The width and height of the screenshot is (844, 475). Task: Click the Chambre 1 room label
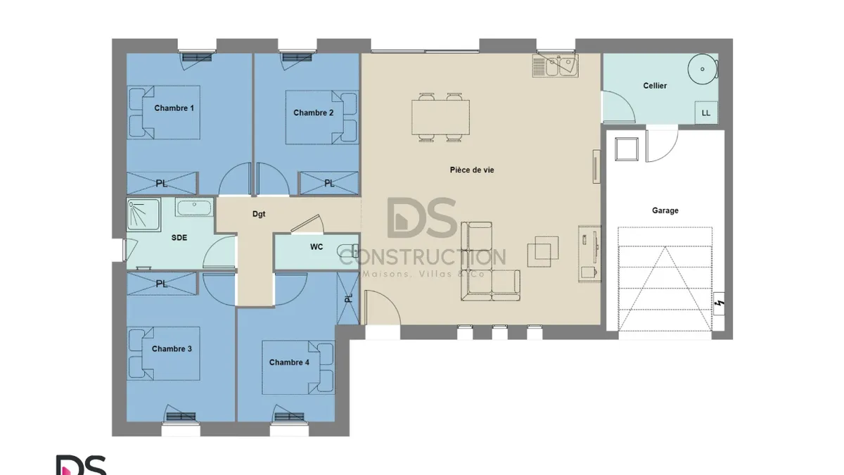click(x=174, y=108)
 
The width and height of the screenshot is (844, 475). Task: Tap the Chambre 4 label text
click(x=289, y=362)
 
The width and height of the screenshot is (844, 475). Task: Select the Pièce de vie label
click(x=472, y=170)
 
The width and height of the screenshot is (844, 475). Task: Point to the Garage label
click(x=665, y=210)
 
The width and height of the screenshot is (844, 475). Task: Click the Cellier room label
click(x=655, y=86)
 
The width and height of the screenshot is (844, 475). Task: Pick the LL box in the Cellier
click(x=706, y=113)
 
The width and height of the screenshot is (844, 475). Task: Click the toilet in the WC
click(x=348, y=251)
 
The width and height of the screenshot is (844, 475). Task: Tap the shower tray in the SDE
click(x=143, y=215)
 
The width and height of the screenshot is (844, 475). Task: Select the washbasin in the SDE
click(x=194, y=207)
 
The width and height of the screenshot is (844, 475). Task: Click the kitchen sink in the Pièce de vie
click(x=556, y=65)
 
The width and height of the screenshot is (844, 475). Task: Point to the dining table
click(x=440, y=118)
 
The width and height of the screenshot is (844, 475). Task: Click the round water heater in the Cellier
click(x=703, y=69)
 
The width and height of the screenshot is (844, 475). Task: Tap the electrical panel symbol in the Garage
click(x=719, y=303)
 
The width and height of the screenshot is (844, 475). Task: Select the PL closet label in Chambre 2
click(x=329, y=183)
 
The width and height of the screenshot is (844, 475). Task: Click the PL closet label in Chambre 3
click(x=162, y=284)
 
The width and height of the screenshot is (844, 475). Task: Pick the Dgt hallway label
click(x=259, y=214)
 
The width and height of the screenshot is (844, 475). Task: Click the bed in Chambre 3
click(x=163, y=353)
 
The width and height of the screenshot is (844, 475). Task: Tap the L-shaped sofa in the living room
click(x=490, y=261)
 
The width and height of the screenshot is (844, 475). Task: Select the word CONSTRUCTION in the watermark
click(x=423, y=257)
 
